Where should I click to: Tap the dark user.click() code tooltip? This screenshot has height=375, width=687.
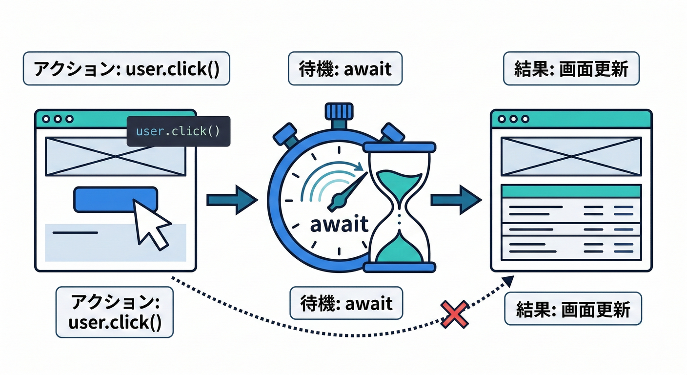coord(178,131)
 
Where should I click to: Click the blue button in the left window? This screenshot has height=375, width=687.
coord(116,200)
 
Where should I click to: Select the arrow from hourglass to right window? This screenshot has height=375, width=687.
coord(456,200)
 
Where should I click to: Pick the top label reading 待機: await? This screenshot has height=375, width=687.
coord(345,68)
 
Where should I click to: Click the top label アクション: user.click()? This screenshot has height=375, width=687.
coord(126,68)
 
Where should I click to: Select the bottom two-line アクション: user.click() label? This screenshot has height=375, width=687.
coord(115,312)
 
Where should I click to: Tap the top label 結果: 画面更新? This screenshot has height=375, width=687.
coord(571,68)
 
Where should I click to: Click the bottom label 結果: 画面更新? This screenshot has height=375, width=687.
coord(573,309)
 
